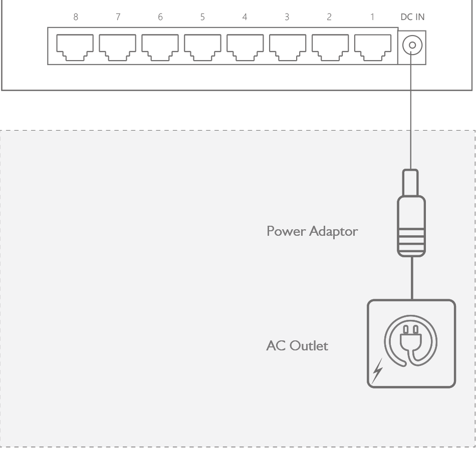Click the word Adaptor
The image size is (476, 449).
tap(334, 232)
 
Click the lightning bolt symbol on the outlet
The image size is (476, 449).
tap(378, 370)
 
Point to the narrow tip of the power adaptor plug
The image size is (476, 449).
tap(410, 182)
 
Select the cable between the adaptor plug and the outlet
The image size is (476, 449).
tap(412, 278)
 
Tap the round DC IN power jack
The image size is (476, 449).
tap(412, 47)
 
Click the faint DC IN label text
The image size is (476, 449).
tap(412, 17)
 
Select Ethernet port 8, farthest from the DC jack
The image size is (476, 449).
tap(74, 47)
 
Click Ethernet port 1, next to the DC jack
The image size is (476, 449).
tap(373, 47)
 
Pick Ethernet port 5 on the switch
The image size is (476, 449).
tap(202, 47)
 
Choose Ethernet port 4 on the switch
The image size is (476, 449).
tap(245, 47)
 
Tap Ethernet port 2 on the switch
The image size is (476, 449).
tap(330, 47)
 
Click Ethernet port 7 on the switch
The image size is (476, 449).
tap(117, 47)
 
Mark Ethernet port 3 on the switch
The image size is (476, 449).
tap(288, 47)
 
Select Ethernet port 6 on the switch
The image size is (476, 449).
tap(159, 47)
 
